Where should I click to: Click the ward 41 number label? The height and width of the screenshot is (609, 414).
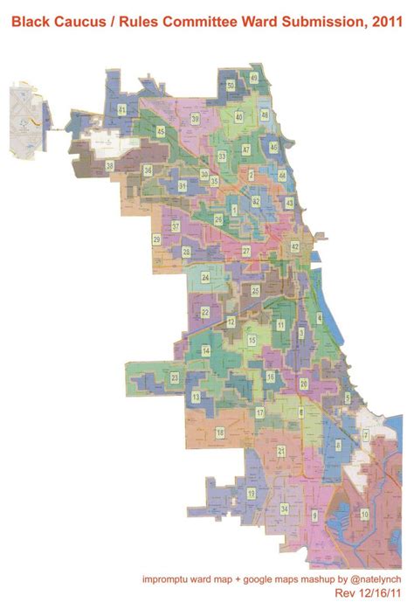click(x=121, y=108)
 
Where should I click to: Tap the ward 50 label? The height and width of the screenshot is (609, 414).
click(x=230, y=85)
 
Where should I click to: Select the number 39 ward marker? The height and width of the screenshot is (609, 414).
click(x=196, y=118)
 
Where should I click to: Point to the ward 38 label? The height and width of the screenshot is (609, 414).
click(x=109, y=165)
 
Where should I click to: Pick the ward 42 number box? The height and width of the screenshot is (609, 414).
click(x=294, y=247)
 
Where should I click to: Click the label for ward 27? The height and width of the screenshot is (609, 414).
click(x=246, y=251)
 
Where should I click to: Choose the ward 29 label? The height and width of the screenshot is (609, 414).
click(x=157, y=239)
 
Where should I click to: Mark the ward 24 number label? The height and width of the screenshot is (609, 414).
click(x=205, y=277)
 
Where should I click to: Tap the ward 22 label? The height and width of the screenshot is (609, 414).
click(x=204, y=311)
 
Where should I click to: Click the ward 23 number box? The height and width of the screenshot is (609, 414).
click(x=175, y=377)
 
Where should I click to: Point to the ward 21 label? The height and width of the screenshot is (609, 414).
click(x=280, y=450)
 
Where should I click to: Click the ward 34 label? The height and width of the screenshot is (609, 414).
click(x=284, y=509)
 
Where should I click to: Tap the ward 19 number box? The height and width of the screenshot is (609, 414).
click(x=252, y=494)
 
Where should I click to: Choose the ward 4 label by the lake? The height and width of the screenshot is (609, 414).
click(x=320, y=318)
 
